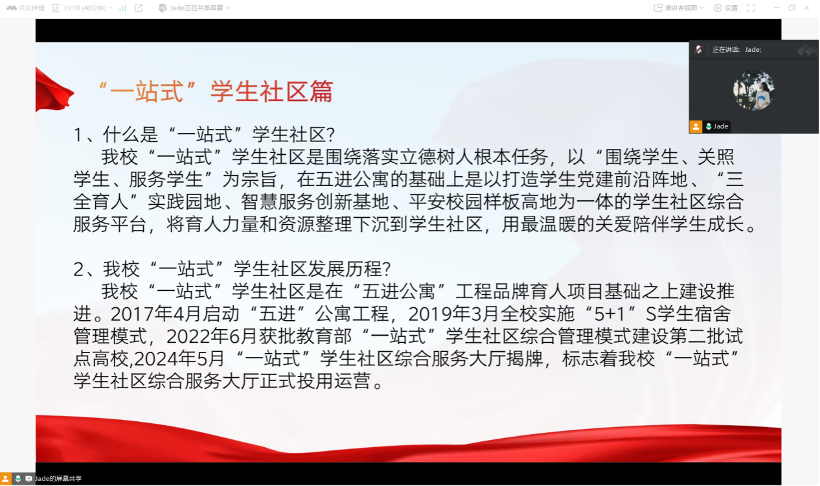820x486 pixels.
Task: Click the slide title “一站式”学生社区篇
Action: [x=216, y=91]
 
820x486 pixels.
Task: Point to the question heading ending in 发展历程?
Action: [x=232, y=269]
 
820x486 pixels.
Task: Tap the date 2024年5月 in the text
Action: [x=179, y=358]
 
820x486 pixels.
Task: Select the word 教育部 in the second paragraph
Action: [x=324, y=336]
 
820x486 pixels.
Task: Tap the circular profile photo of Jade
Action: [x=754, y=90]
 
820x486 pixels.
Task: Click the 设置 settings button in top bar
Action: [x=725, y=8]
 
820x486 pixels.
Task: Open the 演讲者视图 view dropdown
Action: [x=678, y=8]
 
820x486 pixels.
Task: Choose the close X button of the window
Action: [x=807, y=8]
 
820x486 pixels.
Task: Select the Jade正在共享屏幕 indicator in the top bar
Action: [x=194, y=8]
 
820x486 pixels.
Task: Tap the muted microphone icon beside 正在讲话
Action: [x=698, y=49]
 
